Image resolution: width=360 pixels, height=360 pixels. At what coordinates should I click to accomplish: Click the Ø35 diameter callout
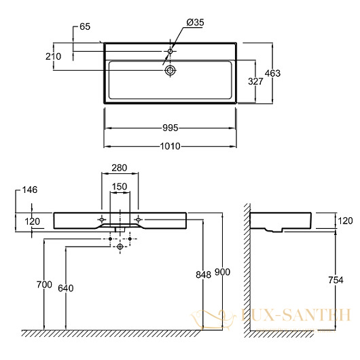(x=195, y=22)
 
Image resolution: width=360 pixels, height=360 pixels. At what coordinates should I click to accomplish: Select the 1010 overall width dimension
(x=170, y=146)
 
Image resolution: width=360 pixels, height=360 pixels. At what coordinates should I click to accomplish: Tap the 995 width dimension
(x=170, y=128)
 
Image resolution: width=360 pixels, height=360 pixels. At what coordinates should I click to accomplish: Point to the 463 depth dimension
(x=272, y=73)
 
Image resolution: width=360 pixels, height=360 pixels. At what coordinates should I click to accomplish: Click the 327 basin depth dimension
(x=255, y=82)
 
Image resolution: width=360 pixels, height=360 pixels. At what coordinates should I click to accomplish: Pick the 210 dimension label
(x=53, y=56)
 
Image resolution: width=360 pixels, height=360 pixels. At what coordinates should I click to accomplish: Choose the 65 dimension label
(x=85, y=26)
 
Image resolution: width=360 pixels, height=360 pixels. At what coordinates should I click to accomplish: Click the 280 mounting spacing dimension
(x=120, y=168)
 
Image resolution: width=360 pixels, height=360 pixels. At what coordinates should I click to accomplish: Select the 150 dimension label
(x=120, y=187)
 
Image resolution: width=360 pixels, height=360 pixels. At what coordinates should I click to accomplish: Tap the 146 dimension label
(x=30, y=190)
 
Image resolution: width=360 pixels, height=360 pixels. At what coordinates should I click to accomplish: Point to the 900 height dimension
(x=222, y=272)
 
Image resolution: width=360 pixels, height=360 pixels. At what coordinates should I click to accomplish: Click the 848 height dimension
(x=203, y=274)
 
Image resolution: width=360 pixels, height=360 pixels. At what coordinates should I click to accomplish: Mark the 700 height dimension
(x=44, y=285)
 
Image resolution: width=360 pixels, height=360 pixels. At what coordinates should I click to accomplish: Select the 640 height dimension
(x=66, y=288)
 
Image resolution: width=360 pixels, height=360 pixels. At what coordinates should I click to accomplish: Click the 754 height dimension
(x=336, y=280)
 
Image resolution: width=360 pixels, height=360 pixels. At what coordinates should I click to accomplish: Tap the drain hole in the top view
(x=170, y=70)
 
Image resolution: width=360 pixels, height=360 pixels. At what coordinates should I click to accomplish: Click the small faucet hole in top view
(x=170, y=51)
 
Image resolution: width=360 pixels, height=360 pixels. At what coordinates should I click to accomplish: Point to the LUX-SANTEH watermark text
(x=296, y=315)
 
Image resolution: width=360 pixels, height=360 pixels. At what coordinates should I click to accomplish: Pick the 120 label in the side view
(x=345, y=221)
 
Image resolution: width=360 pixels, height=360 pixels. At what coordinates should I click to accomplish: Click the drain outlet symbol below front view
(x=120, y=247)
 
